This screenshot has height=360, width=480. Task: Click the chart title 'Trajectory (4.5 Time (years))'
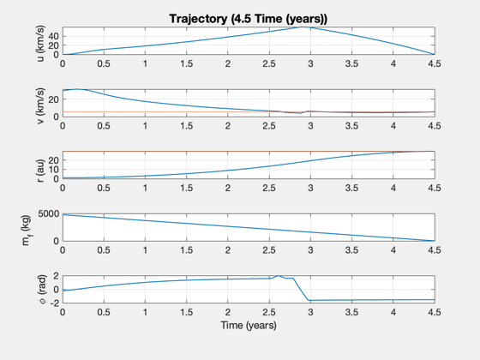249,19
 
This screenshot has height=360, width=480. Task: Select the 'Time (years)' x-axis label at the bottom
249,325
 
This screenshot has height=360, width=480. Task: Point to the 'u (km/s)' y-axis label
40,43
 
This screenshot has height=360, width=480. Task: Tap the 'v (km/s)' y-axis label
40,105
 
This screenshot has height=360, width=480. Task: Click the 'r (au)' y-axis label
40,171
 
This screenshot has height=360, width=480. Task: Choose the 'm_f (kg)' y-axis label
27,231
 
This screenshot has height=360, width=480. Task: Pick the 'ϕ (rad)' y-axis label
42,290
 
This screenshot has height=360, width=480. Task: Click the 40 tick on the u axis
53,36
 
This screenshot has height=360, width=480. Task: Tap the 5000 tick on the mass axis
48,213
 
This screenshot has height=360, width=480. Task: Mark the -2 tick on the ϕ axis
52,303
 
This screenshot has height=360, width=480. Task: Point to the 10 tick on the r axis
53,170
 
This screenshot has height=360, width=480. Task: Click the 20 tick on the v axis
53,99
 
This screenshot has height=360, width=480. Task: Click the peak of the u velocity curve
304,27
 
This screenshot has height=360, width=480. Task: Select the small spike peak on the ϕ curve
279,275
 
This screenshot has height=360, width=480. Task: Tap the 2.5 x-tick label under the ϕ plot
269,312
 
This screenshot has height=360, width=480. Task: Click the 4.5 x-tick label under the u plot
435,63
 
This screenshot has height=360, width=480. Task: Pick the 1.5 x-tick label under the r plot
187,188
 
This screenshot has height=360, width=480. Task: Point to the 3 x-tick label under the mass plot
310,250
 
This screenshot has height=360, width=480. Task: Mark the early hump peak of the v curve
77,89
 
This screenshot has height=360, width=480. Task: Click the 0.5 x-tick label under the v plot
104,126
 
